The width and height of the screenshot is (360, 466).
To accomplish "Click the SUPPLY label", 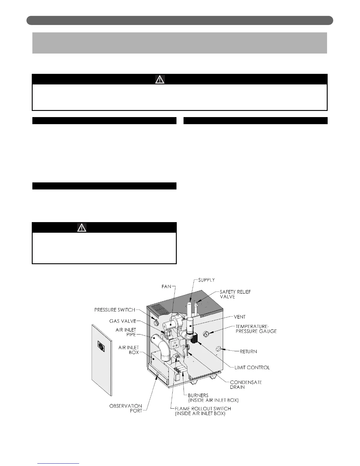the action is (206, 280).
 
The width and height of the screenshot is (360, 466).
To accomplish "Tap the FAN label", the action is (166, 286).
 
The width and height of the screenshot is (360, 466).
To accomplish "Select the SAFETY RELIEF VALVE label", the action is (235, 294).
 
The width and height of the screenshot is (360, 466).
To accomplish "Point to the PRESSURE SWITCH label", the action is (114, 310).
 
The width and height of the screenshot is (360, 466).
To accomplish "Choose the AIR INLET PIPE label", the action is (126, 332).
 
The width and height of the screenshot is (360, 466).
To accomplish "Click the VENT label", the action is (239, 317).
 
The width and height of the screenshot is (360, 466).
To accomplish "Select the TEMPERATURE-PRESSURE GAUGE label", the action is (256, 329).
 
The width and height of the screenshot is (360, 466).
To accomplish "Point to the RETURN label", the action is (248, 351).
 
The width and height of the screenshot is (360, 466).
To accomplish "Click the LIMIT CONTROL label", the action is (252, 367).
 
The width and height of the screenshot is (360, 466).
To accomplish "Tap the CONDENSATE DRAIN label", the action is (246, 385).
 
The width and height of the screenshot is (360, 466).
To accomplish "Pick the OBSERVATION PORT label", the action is (126, 408).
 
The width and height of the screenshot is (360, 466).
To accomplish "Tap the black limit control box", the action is (195, 339).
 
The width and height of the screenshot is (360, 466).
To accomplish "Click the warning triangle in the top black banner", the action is (160, 79).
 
